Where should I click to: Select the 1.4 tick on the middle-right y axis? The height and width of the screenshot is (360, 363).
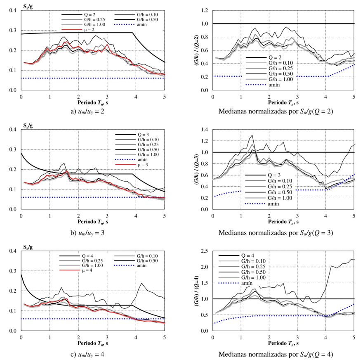(205, 130)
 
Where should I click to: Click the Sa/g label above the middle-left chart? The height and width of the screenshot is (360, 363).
(28, 125)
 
